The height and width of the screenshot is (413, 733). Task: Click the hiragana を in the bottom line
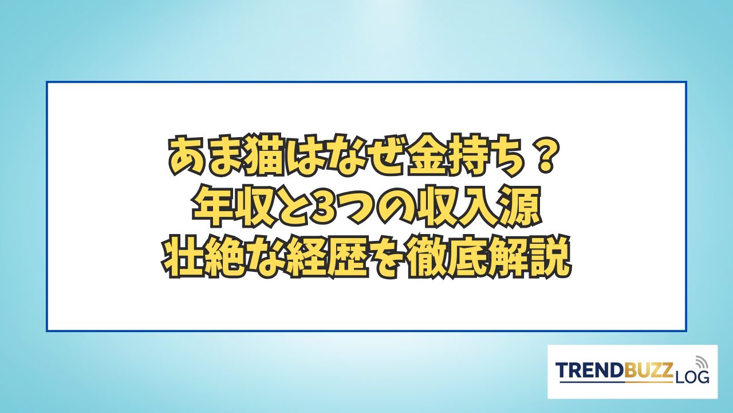pos(385,259)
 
